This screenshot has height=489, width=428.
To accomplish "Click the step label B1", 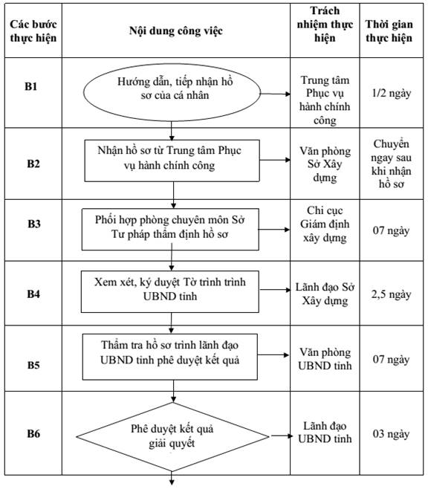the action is coord(31,86).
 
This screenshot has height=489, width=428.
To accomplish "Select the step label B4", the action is coord(33,294).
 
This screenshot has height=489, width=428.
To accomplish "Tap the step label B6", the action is coord(33,433).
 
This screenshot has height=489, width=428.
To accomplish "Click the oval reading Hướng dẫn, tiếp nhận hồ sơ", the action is coord(172,93).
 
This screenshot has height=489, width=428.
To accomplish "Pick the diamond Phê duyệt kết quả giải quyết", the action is coord(172,437).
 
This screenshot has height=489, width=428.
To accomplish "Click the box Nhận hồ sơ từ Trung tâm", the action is coord(172,161).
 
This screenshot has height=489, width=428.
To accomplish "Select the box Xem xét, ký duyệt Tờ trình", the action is coord(170,291).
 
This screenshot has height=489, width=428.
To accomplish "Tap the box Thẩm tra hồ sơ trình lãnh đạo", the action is coord(170,357).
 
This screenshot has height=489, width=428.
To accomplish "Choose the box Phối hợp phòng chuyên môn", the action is coord(170,229).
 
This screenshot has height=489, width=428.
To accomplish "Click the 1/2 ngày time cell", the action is coord(391,93).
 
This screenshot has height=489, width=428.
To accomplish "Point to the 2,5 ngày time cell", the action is coord(391,294).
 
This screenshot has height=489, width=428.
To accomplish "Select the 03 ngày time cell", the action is coord(391,434).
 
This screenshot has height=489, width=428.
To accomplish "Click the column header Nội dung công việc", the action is coord(176,31).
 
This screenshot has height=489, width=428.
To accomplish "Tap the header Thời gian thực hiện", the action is coord(389,31).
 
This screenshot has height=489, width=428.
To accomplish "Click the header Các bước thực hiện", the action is coord(33,31).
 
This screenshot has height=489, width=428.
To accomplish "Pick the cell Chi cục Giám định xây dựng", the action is coord(325,224).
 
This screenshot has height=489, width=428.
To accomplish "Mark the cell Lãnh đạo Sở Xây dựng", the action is coord(325,294).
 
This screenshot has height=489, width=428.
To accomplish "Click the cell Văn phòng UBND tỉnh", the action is coord(325,359).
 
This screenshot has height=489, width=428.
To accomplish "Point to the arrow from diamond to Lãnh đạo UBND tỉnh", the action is coord(281,436).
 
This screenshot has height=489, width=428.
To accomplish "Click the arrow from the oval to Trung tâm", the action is coord(276,94).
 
